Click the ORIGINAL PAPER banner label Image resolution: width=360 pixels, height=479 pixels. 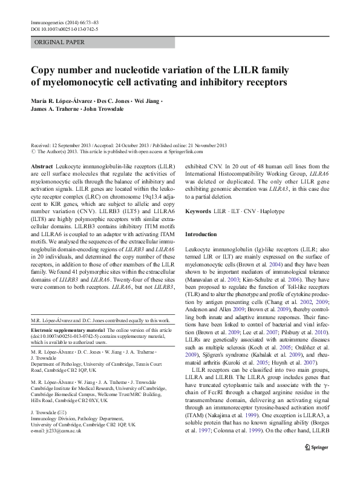(60, 42)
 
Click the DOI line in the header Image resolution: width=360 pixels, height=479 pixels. (64, 29)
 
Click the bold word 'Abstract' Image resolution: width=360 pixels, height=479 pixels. (41, 165)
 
